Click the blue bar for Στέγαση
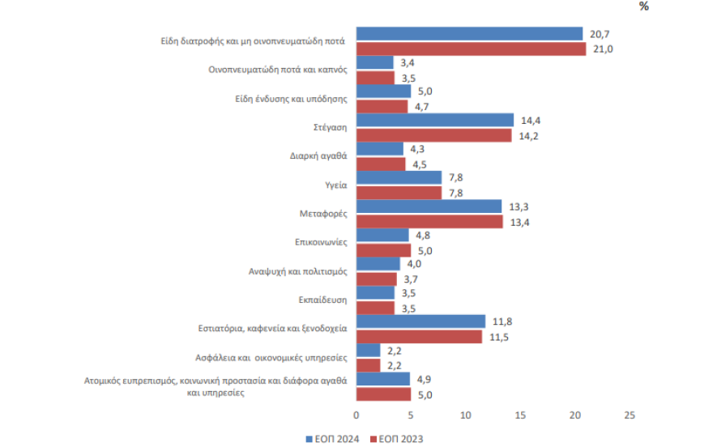[435, 120]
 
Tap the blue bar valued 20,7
[469, 33]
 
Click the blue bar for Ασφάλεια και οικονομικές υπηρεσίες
[369, 350]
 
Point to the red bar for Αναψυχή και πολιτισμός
[377, 279]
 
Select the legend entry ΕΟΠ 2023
[397, 439]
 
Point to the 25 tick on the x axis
[630, 415]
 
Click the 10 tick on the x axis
[466, 415]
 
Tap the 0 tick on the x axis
[356, 415]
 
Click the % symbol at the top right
[644, 6]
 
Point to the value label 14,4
[532, 120]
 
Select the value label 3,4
[408, 62]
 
